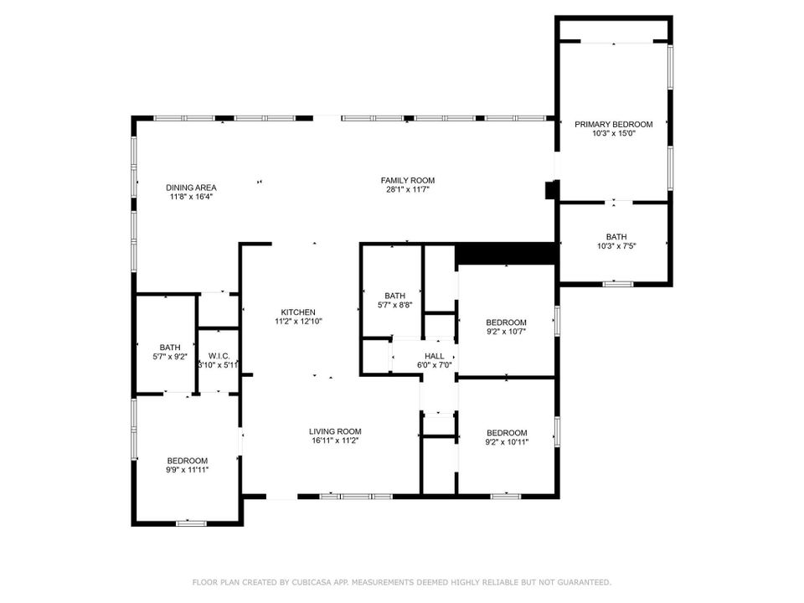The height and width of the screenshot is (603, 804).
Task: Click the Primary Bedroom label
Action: pos(613,125)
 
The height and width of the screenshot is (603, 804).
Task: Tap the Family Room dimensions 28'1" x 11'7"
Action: pos(408,189)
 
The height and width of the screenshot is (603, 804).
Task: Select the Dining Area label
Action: pos(191,188)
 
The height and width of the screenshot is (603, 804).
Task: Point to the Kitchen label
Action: pos(298,312)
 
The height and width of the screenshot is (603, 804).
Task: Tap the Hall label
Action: pos(434,356)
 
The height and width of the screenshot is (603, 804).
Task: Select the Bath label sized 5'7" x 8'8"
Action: pos(394,296)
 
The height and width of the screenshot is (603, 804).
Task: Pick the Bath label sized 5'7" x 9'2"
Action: pos(170,348)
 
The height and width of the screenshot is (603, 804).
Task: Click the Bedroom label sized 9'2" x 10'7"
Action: pos(506,322)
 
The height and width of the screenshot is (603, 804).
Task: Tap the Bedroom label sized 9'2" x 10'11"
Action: pos(507,433)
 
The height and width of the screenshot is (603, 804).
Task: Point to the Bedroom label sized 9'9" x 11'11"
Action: pos(187,461)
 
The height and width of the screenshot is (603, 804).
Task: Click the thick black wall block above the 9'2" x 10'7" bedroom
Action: pos(506,253)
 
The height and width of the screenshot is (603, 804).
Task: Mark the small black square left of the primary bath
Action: pos(550,190)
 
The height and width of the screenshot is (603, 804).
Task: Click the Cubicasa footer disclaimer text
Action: pos(402,582)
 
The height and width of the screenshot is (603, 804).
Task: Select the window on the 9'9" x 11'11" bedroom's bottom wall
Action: pos(191,523)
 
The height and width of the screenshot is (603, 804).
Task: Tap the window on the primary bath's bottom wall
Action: pos(617,284)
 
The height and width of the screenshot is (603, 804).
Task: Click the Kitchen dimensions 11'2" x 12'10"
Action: pos(298,321)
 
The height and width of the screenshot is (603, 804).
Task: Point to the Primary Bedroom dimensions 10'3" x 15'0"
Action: pos(613,134)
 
